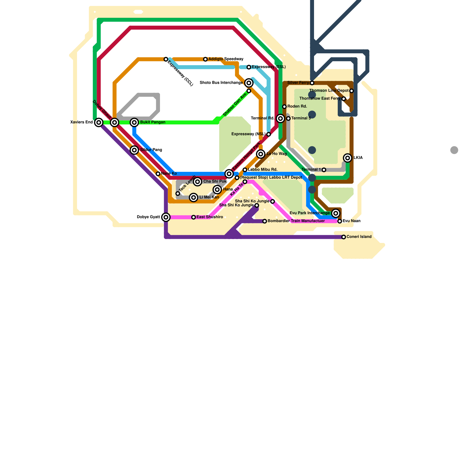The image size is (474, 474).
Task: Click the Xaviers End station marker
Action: click(99, 122)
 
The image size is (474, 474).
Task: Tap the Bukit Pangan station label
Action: click(153, 122)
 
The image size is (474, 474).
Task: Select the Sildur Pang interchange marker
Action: click(134, 150)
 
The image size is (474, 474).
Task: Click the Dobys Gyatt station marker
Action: click(166, 217)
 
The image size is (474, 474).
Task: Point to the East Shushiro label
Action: click(209, 217)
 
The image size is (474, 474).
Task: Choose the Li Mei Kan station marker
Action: click(194, 197)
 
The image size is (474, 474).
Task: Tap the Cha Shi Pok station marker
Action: click(198, 182)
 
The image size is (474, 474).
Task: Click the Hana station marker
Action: click(217, 190)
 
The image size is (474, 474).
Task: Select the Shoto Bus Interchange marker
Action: click(249, 83)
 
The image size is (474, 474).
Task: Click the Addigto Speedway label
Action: click(226, 59)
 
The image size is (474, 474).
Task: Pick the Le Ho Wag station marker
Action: click(261, 154)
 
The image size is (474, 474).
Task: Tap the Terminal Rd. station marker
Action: click(281, 118)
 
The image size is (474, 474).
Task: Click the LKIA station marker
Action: click(348, 158)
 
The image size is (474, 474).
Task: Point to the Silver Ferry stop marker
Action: click(312, 83)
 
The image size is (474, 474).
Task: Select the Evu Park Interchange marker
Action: click(336, 213)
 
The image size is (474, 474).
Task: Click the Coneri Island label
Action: click(359, 237)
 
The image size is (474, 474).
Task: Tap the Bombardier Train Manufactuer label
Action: click(296, 221)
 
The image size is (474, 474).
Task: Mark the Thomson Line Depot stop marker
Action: click(351, 91)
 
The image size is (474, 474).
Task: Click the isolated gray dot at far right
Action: click(454, 150)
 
